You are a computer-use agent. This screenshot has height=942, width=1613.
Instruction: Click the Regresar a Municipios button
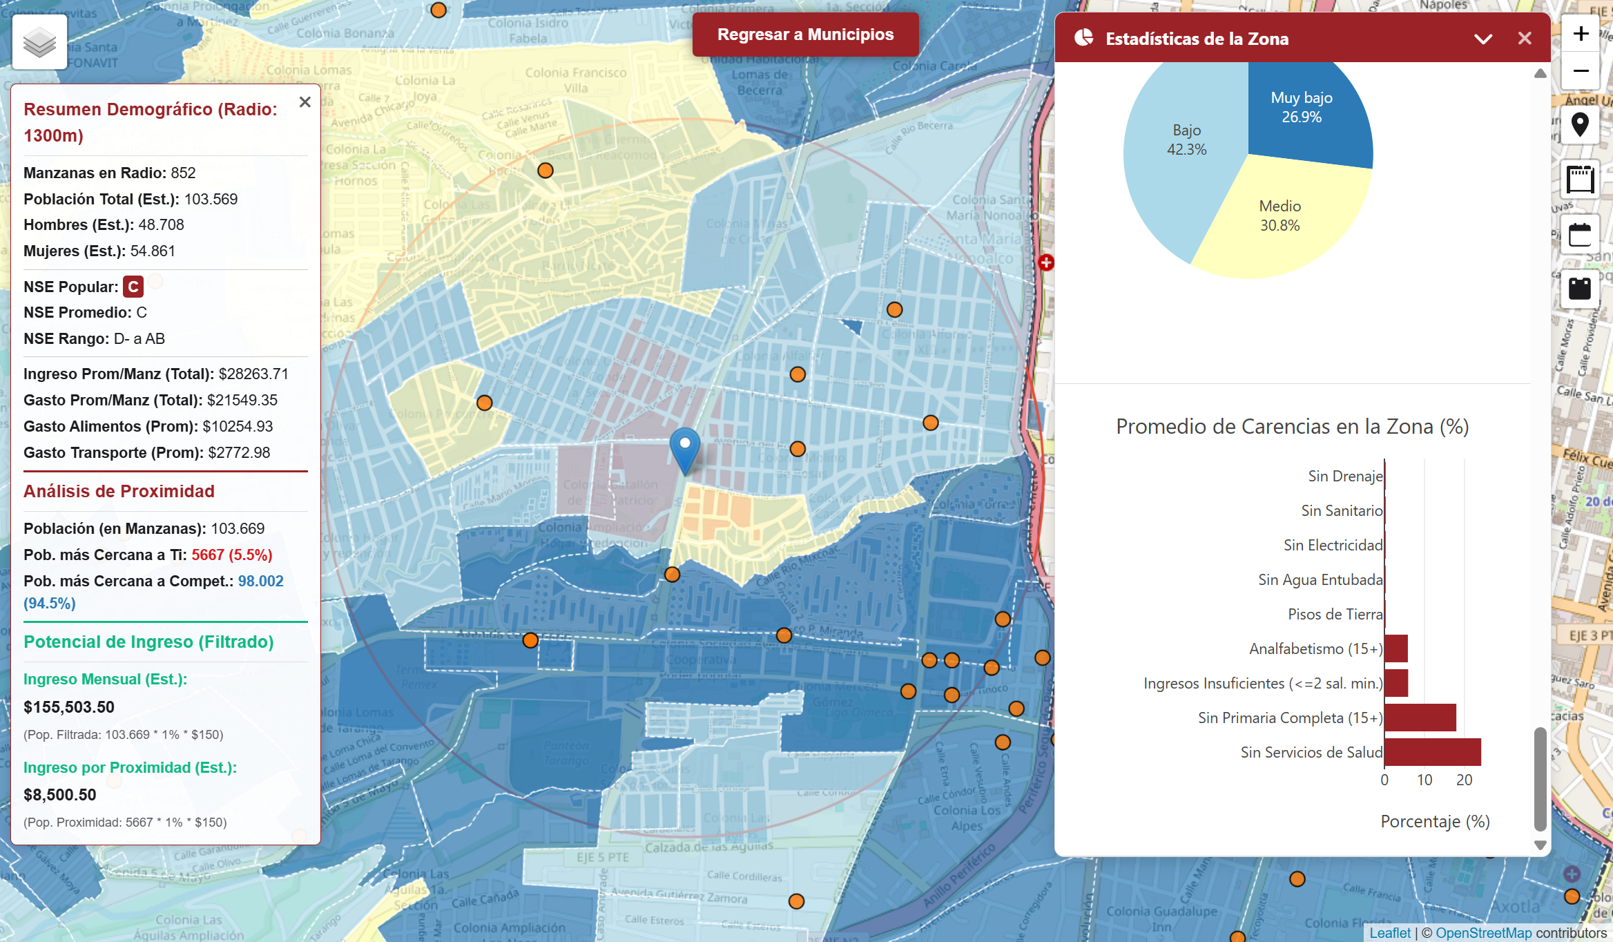click(x=805, y=35)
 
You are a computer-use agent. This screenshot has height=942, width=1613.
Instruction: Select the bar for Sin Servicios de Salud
click(x=1432, y=752)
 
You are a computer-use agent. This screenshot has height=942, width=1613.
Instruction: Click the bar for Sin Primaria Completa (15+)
click(x=1420, y=718)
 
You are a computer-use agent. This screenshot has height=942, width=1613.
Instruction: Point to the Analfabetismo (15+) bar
click(x=1395, y=648)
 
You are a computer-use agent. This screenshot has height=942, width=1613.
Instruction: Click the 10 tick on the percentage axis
click(x=1424, y=780)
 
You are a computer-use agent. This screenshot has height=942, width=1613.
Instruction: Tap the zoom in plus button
click(x=1581, y=34)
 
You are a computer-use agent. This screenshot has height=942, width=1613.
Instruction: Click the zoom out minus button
click(x=1581, y=71)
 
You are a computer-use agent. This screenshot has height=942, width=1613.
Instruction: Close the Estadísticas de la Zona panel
click(x=1525, y=39)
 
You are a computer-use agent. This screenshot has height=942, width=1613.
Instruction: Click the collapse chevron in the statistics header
click(x=1482, y=39)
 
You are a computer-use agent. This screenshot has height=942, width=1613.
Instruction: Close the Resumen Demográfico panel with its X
click(x=305, y=102)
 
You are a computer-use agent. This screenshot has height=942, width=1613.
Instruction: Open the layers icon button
click(x=39, y=42)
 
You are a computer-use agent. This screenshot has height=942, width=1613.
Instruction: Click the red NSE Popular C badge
click(x=133, y=287)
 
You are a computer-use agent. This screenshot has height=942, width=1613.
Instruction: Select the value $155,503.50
click(x=69, y=707)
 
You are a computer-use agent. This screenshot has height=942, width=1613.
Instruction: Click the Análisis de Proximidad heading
click(x=119, y=491)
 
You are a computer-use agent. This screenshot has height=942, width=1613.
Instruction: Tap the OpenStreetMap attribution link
click(x=1483, y=933)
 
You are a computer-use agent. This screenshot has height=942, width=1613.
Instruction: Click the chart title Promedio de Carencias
click(x=1292, y=426)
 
